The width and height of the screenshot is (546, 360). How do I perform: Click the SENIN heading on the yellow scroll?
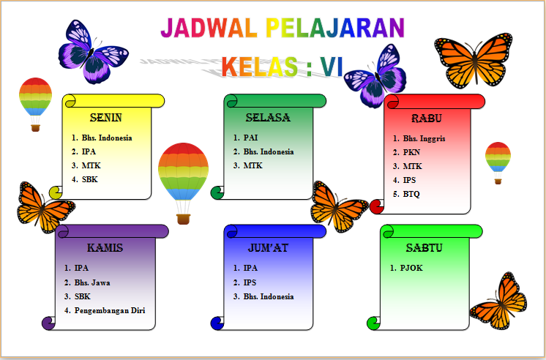pos(106,118)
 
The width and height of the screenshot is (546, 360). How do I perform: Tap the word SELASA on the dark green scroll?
pos(268,118)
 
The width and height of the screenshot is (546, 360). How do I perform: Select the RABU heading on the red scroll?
pos(427,119)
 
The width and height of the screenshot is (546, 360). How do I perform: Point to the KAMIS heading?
pos(105,248)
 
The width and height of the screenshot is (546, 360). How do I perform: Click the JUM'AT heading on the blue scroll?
pos(268,248)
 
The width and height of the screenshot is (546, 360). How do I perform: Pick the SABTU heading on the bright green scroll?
pos(424,248)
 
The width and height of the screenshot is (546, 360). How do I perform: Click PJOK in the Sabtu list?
pos(411,268)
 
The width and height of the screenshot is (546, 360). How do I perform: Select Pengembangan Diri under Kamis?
pos(110,310)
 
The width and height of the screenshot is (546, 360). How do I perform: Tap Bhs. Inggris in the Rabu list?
pos(424,138)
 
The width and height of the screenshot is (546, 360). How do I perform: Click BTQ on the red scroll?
pos(411,194)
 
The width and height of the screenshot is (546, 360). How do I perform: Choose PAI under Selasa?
pos(250,138)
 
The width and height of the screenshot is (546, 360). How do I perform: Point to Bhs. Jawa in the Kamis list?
pos(92,282)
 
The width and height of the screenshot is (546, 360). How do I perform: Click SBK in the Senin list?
pos(89,180)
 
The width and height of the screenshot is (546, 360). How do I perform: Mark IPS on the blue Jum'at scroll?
pos(250,282)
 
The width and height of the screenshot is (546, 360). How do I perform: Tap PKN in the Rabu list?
pos(411,152)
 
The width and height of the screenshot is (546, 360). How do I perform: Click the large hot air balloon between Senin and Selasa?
pos(183,183)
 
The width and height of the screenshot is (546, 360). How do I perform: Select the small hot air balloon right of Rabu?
pos(498,162)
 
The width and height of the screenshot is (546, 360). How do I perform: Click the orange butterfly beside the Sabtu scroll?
pos(498,301)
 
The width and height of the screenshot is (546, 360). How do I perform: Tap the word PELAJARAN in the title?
pos(334,28)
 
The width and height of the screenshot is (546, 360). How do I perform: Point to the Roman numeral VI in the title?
pos(332,67)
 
